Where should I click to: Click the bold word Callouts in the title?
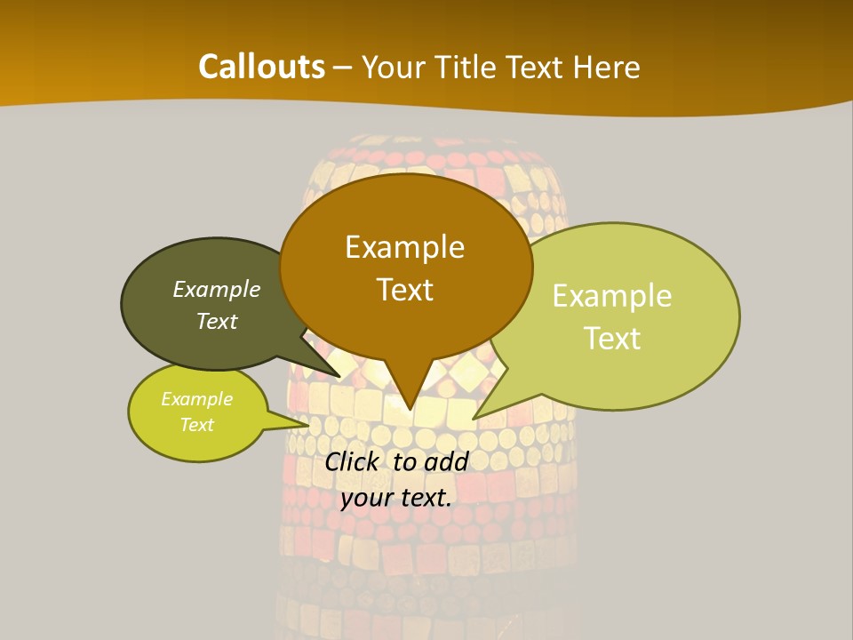[x=261, y=67]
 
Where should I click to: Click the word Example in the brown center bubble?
[x=404, y=247]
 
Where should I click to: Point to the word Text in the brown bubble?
[x=404, y=290]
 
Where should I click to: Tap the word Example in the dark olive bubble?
[x=217, y=290]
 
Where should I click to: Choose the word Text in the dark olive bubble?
[x=217, y=321]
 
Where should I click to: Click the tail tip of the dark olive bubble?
[x=340, y=377]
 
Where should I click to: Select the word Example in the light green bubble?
[x=612, y=296]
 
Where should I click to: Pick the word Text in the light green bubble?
[x=612, y=339]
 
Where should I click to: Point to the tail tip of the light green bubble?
[x=474, y=418]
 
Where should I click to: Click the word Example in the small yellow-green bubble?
[x=196, y=399]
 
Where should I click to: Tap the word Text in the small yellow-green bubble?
[x=196, y=425]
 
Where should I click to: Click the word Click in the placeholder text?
[x=351, y=461]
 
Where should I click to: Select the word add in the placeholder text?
[x=446, y=461]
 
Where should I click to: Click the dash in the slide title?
[x=343, y=68]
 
